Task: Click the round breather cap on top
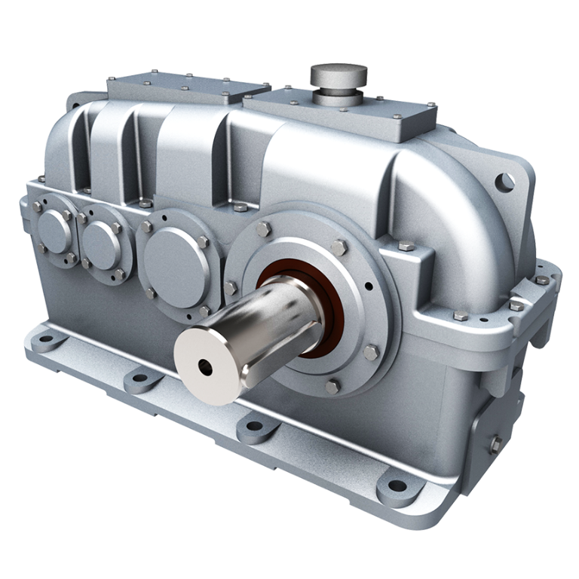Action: click(339, 75)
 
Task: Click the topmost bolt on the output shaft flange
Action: click(263, 228)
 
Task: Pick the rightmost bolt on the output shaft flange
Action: click(372, 352)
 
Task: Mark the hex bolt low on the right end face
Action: click(495, 444)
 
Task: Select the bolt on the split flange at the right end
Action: click(542, 280)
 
